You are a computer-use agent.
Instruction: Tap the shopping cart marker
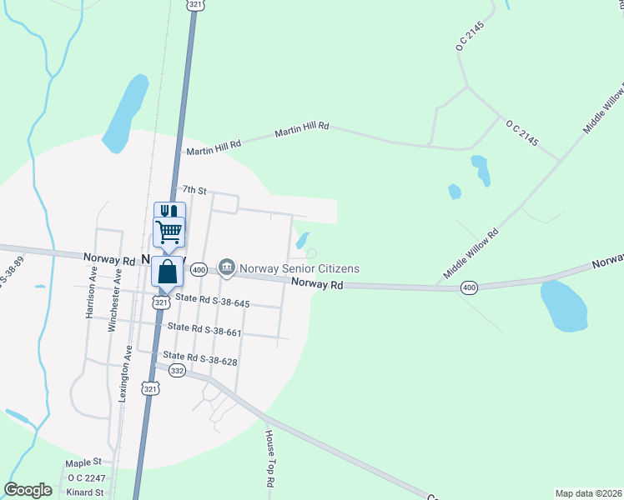point(169,231)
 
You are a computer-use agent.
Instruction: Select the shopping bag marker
point(168,272)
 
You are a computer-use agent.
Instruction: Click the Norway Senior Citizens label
point(299,268)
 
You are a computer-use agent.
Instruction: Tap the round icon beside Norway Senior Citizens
point(226,267)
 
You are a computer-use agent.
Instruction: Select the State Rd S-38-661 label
point(204,331)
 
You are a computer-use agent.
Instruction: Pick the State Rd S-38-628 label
point(200,357)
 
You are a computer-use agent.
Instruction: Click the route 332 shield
point(177,370)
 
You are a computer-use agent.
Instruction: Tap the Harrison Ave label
point(91,288)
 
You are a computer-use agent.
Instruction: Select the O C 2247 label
point(86,477)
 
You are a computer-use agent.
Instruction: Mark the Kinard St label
point(86,492)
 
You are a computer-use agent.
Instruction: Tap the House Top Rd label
point(270,459)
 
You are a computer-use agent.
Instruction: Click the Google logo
point(28,490)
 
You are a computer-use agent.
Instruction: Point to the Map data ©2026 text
point(587,493)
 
